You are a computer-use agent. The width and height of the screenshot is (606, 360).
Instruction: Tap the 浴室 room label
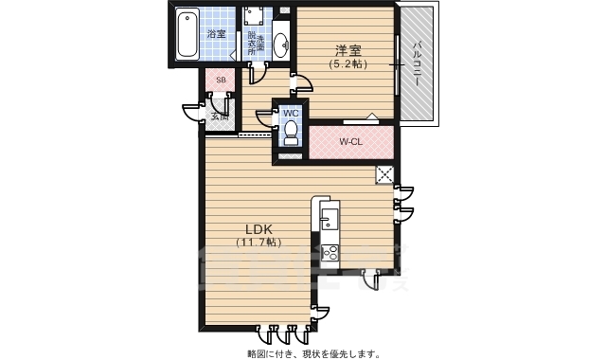217,34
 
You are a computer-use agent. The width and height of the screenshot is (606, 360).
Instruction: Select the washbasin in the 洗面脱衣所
280,42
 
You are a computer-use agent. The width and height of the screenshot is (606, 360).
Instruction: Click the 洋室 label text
347,51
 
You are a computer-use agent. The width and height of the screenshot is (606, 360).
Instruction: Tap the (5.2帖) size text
347,64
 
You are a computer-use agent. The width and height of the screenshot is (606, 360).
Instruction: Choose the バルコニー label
417,64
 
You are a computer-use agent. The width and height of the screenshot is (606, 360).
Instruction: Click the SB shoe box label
221,81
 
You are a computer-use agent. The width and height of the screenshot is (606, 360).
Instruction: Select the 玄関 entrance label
219,117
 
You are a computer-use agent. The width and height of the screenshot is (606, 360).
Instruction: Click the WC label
291,113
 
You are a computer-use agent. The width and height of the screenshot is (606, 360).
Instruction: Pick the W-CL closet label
350,142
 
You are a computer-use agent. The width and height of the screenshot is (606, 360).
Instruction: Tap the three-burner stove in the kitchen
329,253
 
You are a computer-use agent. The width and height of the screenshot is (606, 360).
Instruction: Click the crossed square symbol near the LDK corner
385,174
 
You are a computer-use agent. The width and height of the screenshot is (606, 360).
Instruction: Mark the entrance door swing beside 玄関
192,113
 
